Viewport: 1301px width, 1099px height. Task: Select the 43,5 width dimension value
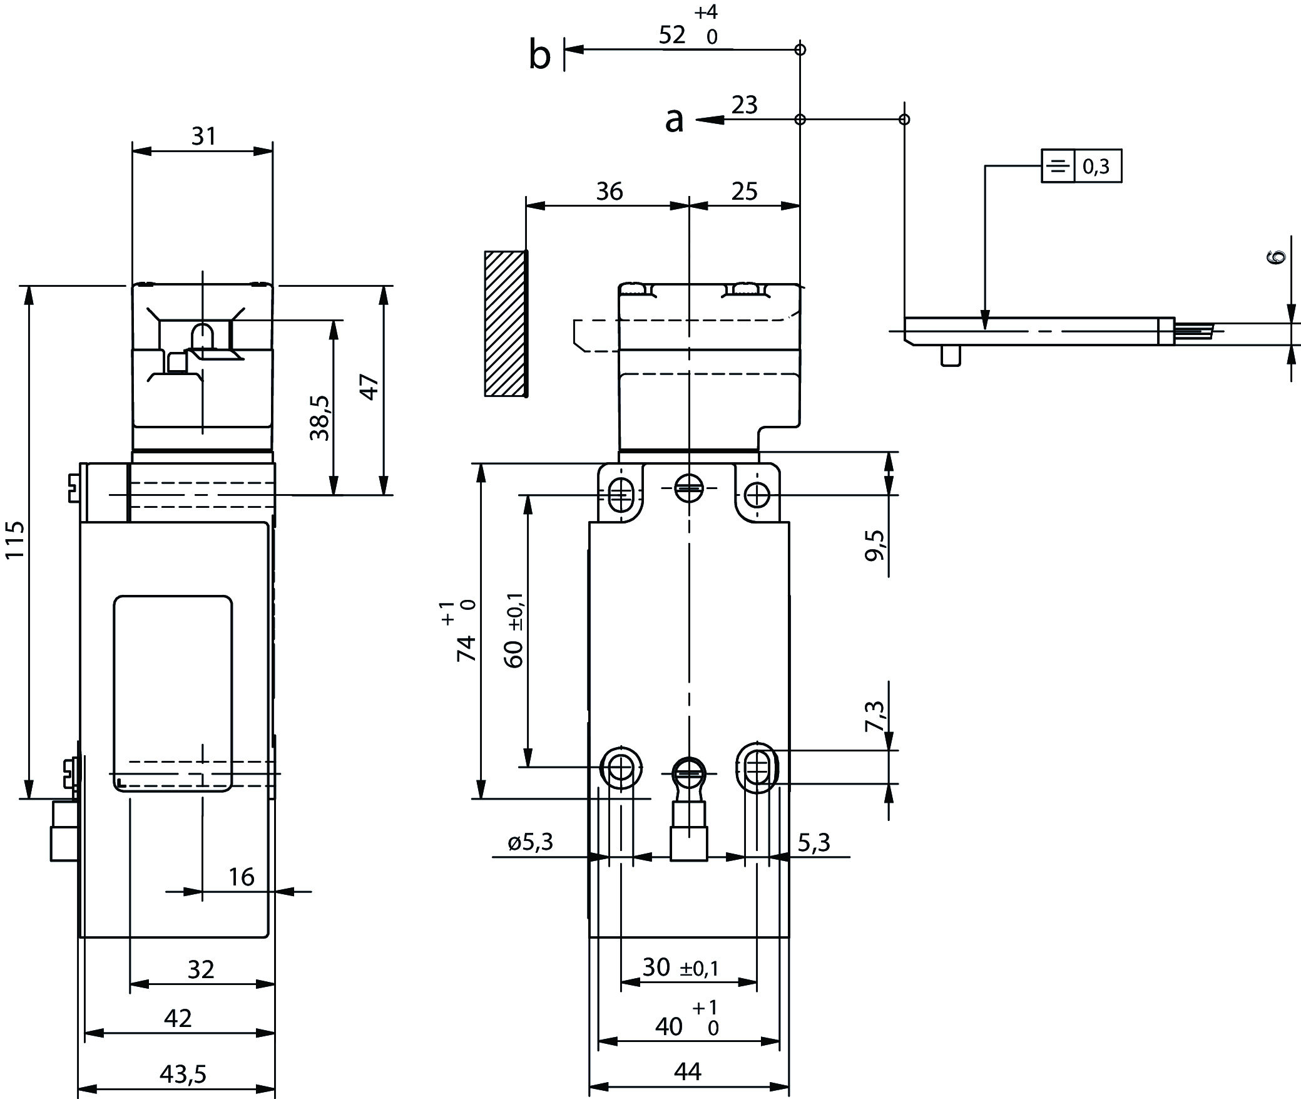point(183,1074)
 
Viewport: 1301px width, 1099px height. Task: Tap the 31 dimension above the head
point(203,136)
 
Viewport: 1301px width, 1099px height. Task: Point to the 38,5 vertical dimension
point(320,417)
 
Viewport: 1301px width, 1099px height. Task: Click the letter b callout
point(539,55)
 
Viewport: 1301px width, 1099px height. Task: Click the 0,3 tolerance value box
point(1097,166)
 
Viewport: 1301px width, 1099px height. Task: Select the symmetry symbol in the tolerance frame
point(1058,166)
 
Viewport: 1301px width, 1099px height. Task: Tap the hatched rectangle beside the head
point(505,324)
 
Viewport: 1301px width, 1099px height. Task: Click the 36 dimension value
point(609,192)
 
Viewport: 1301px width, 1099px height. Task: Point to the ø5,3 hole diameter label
point(531,843)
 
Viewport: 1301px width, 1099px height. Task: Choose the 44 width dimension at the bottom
point(688,1072)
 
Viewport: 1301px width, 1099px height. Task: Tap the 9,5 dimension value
point(876,545)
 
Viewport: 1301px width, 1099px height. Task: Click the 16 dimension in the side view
point(241,877)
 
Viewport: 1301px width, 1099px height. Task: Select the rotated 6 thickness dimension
point(1277,256)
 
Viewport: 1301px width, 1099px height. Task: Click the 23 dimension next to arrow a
point(744,105)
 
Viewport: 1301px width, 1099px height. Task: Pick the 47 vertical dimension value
point(369,386)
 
